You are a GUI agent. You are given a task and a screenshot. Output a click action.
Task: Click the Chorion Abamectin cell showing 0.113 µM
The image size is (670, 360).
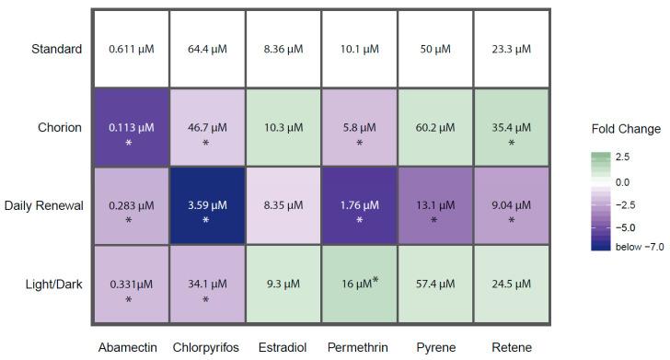click(x=130, y=128)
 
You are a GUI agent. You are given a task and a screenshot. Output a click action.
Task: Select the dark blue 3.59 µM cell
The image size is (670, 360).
click(x=206, y=206)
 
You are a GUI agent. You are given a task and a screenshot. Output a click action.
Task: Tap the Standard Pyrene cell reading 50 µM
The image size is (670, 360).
click(x=434, y=49)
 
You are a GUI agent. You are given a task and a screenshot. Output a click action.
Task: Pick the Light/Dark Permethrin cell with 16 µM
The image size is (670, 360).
click(x=358, y=285)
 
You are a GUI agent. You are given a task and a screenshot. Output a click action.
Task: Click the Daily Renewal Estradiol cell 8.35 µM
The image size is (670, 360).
click(x=283, y=206)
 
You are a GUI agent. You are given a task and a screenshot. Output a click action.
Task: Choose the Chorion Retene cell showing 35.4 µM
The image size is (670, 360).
click(x=511, y=128)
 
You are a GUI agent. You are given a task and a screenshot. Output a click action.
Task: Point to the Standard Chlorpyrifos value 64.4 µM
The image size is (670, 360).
click(x=206, y=49)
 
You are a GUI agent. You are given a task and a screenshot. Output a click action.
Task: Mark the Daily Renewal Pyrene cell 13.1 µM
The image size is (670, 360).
click(x=434, y=206)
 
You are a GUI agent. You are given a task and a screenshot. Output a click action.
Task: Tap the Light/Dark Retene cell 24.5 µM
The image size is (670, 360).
click(x=511, y=285)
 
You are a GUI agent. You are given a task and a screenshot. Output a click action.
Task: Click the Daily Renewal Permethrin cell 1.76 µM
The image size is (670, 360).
click(x=358, y=206)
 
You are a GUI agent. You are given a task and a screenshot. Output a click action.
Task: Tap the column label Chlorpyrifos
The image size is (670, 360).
click(x=206, y=348)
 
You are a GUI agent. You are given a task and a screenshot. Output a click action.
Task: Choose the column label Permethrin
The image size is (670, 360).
click(x=358, y=348)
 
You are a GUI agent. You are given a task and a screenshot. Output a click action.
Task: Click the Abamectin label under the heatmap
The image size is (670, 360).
click(x=130, y=348)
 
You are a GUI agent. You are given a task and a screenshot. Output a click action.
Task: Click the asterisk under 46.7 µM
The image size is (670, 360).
click(x=206, y=144)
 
